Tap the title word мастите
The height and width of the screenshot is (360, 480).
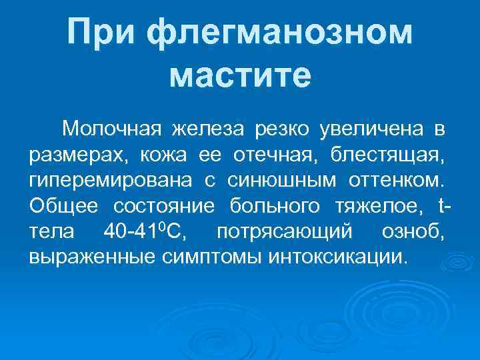[240, 74]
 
